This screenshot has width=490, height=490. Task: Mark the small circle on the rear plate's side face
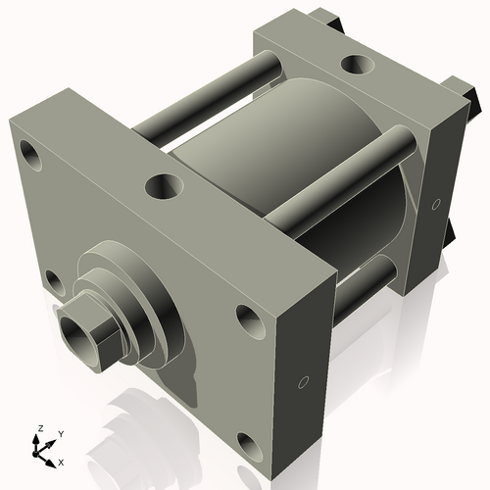pyautogui.click(x=435, y=204)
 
